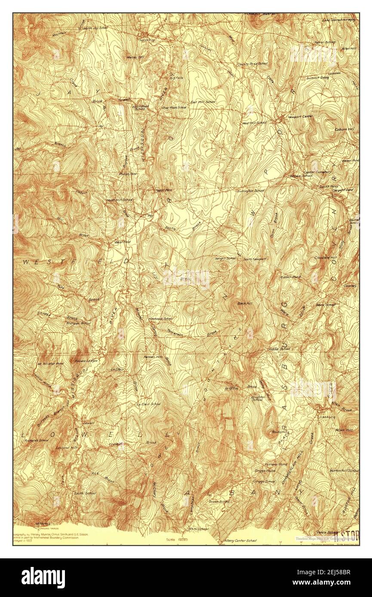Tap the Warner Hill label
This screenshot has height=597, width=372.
(135, 57)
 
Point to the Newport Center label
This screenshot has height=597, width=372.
(301, 116)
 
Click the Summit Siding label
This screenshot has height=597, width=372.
(317, 78)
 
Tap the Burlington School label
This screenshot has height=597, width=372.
(250, 190)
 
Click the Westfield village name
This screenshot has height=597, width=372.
(122, 242)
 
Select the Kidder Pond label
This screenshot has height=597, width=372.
(291, 277)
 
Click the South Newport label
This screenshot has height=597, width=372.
(254, 259)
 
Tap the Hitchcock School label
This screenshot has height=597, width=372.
(160, 319)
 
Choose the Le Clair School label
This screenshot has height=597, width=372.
(148, 404)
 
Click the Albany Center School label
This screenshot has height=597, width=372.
(240, 540)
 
